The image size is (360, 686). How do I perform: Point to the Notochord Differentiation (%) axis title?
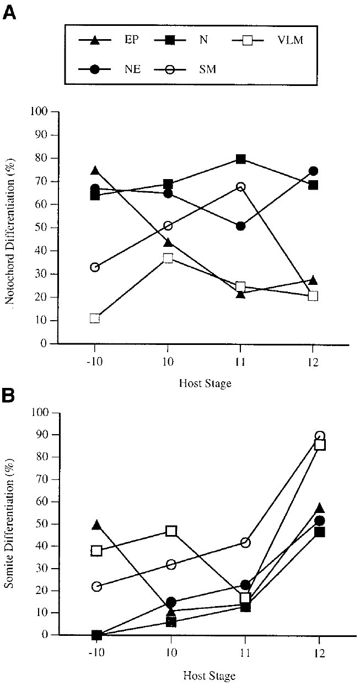(9, 228)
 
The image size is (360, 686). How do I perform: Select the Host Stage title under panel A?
(205, 384)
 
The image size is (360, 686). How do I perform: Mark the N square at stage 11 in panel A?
(241, 159)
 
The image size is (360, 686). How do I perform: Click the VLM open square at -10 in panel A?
(95, 318)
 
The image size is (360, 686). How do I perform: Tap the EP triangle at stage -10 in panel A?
(95, 171)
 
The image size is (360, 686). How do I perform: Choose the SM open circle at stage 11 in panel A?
(241, 187)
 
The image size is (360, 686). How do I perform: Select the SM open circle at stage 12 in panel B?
(320, 436)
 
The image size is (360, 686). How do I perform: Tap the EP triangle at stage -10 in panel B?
(96, 525)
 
